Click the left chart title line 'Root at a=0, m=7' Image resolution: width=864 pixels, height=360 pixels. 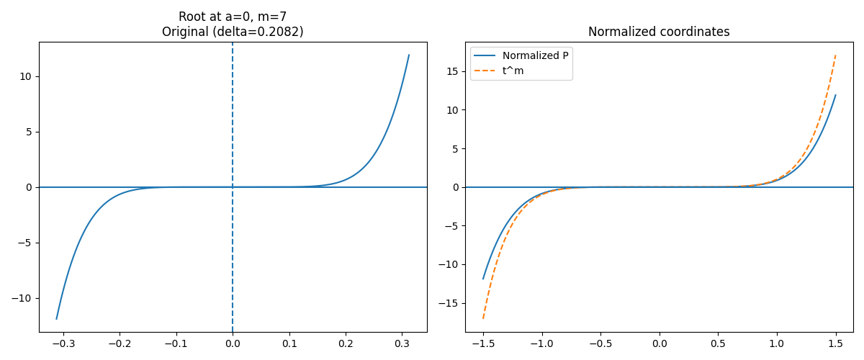click(233, 17)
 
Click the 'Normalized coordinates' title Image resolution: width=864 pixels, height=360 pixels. click(659, 32)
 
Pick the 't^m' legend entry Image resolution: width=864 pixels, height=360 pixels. click(513, 71)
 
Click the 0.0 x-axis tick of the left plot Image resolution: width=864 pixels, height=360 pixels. click(233, 343)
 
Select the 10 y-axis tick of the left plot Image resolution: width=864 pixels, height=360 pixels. click(25, 76)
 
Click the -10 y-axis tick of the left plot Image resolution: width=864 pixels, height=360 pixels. click(22, 298)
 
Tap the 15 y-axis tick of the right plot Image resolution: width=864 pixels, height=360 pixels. click(451, 71)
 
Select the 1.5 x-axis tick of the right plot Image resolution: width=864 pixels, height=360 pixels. click(835, 343)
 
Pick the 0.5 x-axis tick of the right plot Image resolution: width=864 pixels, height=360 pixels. click(718, 343)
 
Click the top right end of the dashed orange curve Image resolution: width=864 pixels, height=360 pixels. click(835, 55)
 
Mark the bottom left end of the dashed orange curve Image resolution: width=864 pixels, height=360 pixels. click(483, 318)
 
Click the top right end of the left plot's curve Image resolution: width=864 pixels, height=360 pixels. click(409, 55)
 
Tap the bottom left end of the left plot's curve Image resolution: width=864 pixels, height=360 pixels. click(56, 319)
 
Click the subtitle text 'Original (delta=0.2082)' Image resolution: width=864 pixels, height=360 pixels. click(233, 32)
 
